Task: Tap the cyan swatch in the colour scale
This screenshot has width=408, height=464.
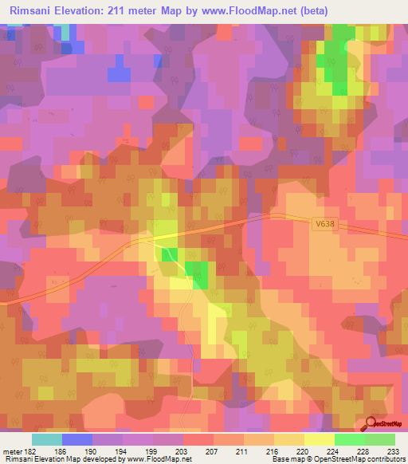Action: pyautogui.click(x=47, y=439)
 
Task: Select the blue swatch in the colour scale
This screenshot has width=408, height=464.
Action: pyautogui.click(x=77, y=439)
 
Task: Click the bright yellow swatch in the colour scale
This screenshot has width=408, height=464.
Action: pyautogui.click(x=319, y=439)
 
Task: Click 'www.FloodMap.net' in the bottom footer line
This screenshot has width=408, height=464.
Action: pyautogui.click(x=156, y=459)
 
